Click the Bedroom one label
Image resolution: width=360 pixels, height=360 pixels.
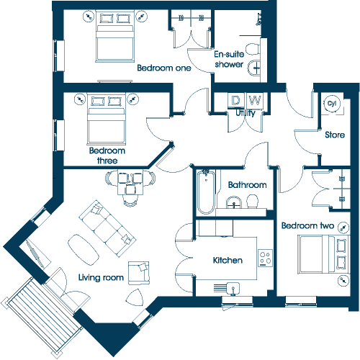pyautogui.click(x=164, y=68)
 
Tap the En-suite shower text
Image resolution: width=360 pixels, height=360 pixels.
pyautogui.click(x=229, y=59)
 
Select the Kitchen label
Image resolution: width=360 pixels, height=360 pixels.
pyautogui.click(x=228, y=260)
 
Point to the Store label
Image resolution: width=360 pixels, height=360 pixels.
pyautogui.click(x=335, y=135)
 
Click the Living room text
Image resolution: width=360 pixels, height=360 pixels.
pyautogui.click(x=101, y=277)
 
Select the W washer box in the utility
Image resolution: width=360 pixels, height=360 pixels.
pyautogui.click(x=255, y=100)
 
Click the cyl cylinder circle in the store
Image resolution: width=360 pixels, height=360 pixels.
pyautogui.click(x=332, y=104)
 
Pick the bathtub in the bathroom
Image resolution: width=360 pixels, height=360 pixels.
pyautogui.click(x=206, y=192)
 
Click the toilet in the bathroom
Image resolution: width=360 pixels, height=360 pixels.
pyautogui.click(x=253, y=201)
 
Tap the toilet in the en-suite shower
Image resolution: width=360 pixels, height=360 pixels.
pyautogui.click(x=253, y=50)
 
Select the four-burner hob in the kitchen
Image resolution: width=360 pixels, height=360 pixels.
pyautogui.click(x=266, y=258)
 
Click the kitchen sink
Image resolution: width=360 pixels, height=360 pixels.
pyautogui.click(x=233, y=288)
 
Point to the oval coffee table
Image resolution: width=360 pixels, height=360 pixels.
pyautogui.click(x=84, y=250)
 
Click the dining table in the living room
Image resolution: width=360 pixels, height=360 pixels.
pyautogui.click(x=130, y=182)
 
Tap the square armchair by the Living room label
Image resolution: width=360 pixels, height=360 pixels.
pyautogui.click(x=139, y=273)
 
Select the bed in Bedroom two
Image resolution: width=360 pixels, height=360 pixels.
pyautogui.click(x=323, y=254)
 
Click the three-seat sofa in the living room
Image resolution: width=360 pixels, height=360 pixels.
pyautogui.click(x=107, y=228)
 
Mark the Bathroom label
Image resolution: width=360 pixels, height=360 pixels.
pyautogui.click(x=248, y=185)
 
